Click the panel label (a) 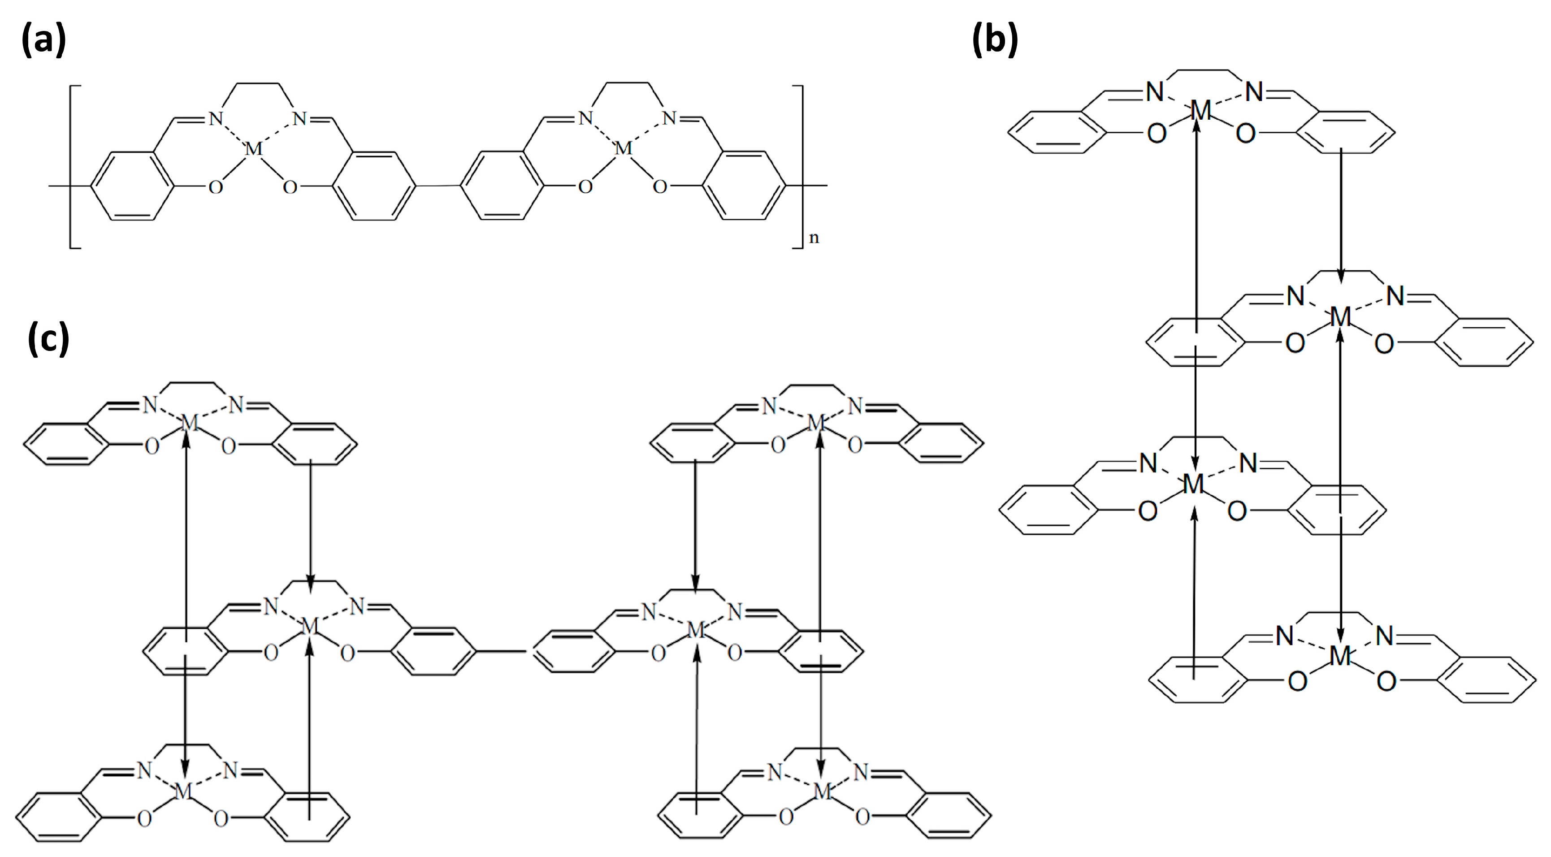point(43,40)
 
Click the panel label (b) point(995,40)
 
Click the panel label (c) point(48,339)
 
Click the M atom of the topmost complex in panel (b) point(1200,111)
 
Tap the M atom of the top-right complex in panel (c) point(815,424)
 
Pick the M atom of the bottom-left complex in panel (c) point(183,792)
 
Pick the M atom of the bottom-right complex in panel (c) point(822,792)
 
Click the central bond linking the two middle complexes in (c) point(503,651)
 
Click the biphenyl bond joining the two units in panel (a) point(438,186)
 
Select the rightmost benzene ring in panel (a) point(745,186)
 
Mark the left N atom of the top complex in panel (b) point(1154,92)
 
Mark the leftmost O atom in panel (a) point(215,187)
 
